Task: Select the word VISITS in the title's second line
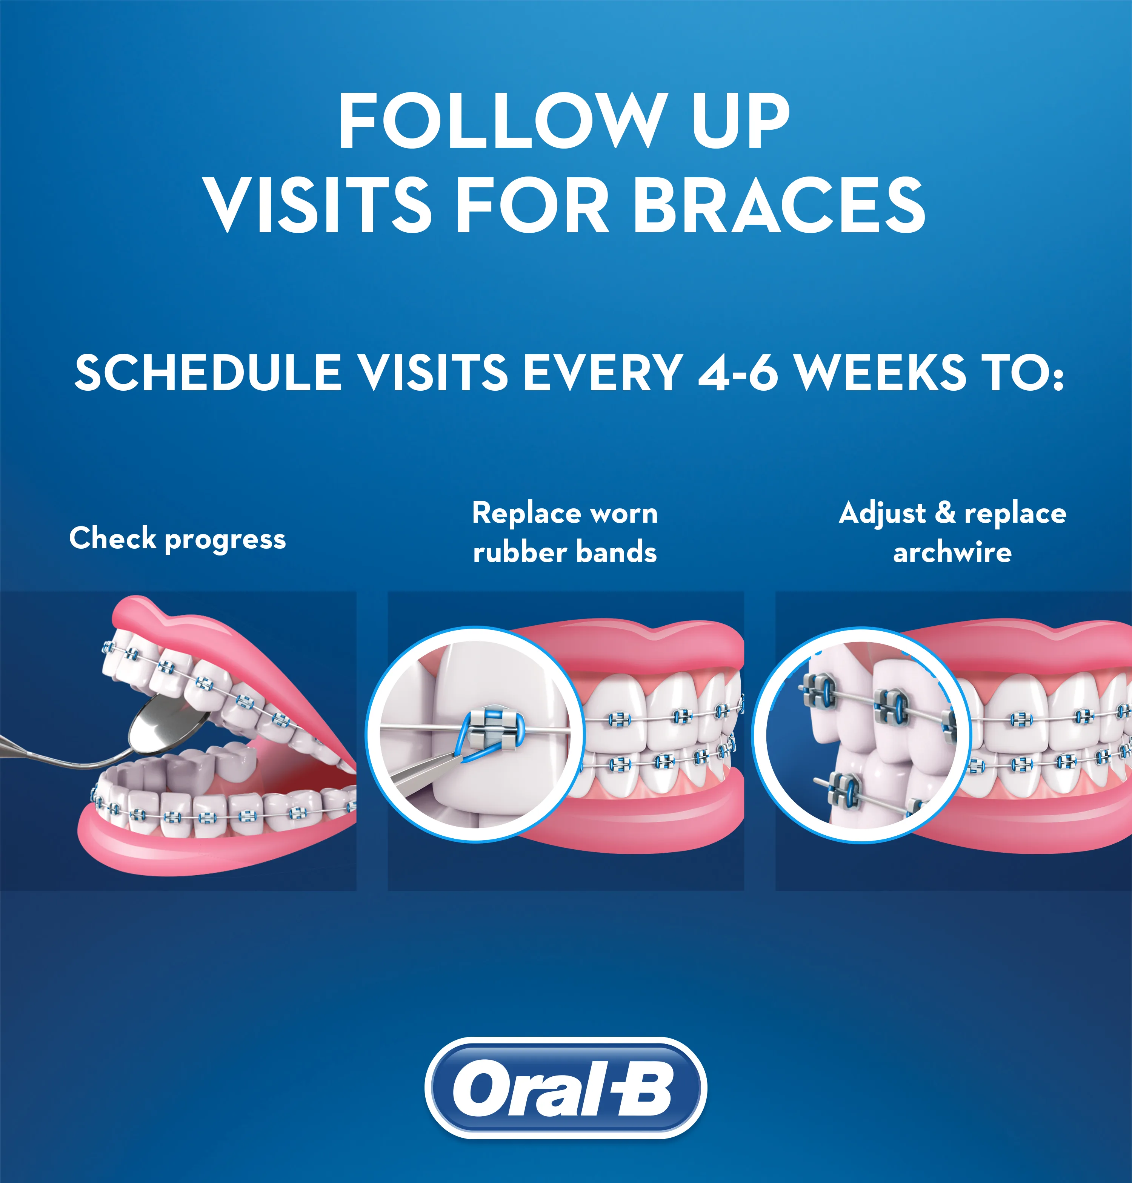click(318, 205)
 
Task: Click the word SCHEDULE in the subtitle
click(208, 372)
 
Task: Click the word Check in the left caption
click(113, 538)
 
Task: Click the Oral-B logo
click(565, 1088)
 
